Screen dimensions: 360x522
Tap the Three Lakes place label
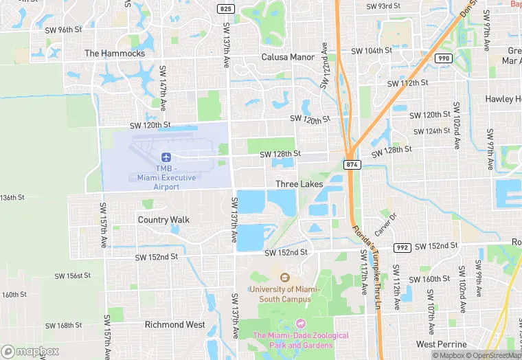[x=299, y=184]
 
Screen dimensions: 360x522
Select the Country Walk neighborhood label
[x=163, y=220]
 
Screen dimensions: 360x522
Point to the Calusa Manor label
[x=288, y=57]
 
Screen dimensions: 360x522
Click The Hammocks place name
[x=115, y=53]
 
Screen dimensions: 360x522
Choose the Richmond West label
[x=174, y=324]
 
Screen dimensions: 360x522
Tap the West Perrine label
[x=444, y=344]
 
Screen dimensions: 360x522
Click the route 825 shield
[x=225, y=8]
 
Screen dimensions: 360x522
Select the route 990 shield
[x=444, y=58]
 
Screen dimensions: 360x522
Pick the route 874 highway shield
[x=352, y=164]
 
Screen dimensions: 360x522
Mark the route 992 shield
[x=402, y=247]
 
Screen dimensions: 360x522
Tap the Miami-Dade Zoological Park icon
[x=299, y=324]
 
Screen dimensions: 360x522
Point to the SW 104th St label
[x=372, y=52]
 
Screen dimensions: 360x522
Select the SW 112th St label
[x=407, y=83]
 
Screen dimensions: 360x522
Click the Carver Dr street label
[x=386, y=223]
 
